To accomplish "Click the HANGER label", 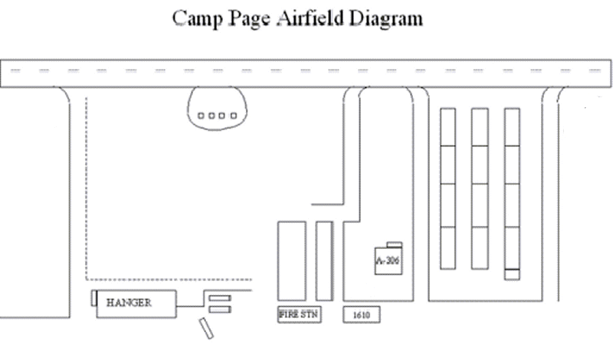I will pos(129,303).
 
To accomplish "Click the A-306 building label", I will pos(388,260).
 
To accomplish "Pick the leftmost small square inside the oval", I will pos(202,116).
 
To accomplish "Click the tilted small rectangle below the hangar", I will pos(205,328).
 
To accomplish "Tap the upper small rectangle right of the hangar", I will pos(220,297).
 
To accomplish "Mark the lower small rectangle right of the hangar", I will pos(220,309).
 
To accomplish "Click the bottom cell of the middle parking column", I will pos(480,247).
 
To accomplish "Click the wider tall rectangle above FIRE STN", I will pos(290,260).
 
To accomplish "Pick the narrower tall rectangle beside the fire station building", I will pos(324,260).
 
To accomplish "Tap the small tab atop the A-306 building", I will pos(395,244).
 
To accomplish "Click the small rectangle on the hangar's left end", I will pos(93,297).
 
